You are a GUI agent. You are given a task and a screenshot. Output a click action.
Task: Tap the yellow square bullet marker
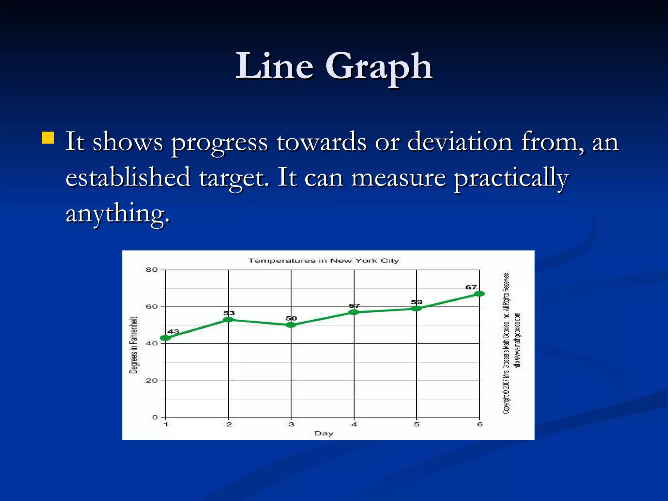pos(48,138)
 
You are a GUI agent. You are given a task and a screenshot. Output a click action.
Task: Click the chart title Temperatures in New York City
pos(323,261)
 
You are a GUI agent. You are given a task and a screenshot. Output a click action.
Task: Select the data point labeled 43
pos(166,338)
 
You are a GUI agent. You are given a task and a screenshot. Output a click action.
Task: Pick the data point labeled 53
pos(228,320)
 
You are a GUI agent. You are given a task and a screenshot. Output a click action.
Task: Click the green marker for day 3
pos(291,325)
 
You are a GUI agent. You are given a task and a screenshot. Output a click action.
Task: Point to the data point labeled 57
pos(354,312)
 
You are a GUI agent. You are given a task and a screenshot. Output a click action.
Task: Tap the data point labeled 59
pos(417,309)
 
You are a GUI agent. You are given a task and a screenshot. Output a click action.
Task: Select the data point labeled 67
pos(479,294)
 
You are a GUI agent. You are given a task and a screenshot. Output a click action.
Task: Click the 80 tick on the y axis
pos(152,270)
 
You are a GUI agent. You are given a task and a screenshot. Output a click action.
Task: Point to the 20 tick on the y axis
pos(152,381)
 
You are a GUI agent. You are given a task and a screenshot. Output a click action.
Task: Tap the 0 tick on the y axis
pos(155,417)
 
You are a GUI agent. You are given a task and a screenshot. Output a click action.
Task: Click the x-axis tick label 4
pos(354,425)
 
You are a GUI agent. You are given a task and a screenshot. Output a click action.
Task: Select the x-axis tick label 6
pos(479,425)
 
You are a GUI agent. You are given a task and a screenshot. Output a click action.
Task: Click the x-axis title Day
pos(324,433)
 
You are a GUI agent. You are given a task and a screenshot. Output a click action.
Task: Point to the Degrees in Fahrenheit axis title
pos(134,345)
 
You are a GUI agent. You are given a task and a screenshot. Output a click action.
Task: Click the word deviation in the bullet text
pos(460,142)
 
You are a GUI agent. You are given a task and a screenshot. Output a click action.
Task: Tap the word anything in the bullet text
pos(117,214)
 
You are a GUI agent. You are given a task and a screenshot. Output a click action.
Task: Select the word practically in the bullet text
pos(511,178)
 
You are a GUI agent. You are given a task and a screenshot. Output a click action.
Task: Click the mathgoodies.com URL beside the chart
pos(517,341)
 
